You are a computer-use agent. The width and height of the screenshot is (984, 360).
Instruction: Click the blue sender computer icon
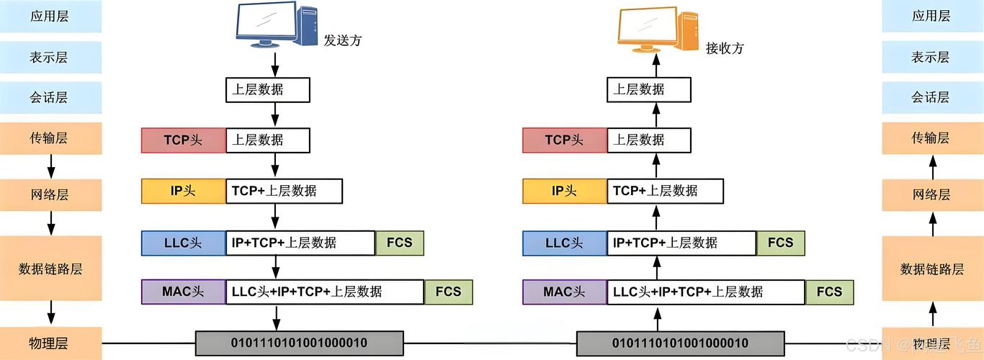pos(277,25)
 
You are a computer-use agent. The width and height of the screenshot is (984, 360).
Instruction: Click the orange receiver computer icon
pos(658,30)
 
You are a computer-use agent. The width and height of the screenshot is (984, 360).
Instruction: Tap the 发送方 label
pos(342,40)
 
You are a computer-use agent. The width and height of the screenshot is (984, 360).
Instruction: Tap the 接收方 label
pos(724,48)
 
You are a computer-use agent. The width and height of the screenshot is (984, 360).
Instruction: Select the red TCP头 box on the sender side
pos(183,140)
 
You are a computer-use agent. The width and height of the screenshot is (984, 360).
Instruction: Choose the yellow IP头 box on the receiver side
pos(564,191)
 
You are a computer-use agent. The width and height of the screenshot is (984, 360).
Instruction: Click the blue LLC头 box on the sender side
pos(183,243)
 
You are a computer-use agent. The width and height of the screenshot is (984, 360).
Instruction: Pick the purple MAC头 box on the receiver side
pos(564,292)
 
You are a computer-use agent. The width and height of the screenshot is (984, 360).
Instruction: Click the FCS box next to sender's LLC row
pos(400,243)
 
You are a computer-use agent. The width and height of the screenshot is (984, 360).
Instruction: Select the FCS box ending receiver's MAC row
pos(829,292)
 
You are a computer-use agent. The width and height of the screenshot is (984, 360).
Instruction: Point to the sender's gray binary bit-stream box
pos(299,343)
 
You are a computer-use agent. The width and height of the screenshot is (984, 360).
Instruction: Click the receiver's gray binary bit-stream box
pos(680,343)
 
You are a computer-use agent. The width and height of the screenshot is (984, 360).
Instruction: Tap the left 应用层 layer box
pos(50,17)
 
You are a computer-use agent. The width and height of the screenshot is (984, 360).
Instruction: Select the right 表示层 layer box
pos(931,57)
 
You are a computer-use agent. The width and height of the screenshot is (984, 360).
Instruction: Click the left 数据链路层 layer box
pos(50,269)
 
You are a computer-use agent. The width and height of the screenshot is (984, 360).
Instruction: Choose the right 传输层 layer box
pos(931,138)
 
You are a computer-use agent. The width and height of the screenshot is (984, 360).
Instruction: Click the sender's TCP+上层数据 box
pos(284,191)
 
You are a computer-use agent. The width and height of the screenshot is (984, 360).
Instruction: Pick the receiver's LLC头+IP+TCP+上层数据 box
pos(706,292)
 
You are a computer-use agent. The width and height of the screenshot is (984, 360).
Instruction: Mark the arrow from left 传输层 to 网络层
pos(51,167)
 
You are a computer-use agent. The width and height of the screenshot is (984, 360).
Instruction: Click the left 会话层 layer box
pos(50,97)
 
